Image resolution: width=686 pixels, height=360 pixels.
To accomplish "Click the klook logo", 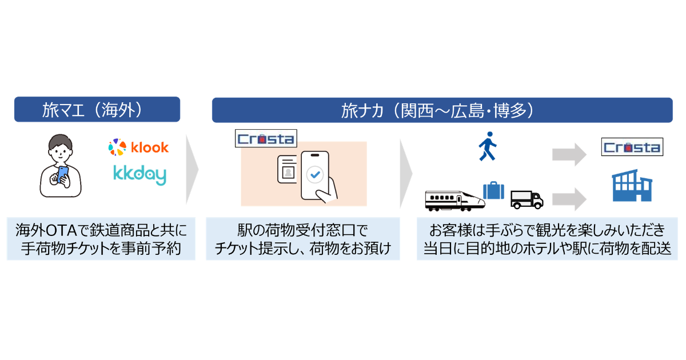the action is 138,147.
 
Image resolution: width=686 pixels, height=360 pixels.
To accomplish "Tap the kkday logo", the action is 140,175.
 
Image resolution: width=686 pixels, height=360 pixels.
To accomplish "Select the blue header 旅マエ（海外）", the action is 97,109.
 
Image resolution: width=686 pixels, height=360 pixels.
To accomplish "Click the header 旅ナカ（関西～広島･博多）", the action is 442,110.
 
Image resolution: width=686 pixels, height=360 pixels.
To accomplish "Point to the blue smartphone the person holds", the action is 63,175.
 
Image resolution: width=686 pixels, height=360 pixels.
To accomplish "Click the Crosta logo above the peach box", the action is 266,139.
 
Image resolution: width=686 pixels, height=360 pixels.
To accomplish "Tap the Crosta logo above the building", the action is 632,147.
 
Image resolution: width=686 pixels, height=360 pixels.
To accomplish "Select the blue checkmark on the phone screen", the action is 315,175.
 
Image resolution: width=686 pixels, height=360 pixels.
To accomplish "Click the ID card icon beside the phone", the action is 287,169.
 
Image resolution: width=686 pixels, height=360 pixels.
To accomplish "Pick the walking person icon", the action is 488,146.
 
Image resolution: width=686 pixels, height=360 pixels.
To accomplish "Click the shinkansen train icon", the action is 455,201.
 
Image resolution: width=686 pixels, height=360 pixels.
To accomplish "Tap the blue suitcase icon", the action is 493,190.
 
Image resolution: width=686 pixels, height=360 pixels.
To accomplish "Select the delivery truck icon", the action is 527,200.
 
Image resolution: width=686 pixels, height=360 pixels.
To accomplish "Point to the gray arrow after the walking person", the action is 569,155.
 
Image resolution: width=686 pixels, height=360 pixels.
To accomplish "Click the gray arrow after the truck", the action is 569,199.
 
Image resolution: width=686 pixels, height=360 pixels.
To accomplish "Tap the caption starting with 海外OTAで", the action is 101,239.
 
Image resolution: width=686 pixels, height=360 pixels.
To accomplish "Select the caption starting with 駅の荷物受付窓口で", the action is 303,239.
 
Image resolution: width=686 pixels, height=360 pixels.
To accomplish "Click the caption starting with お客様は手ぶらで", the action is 547,239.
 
